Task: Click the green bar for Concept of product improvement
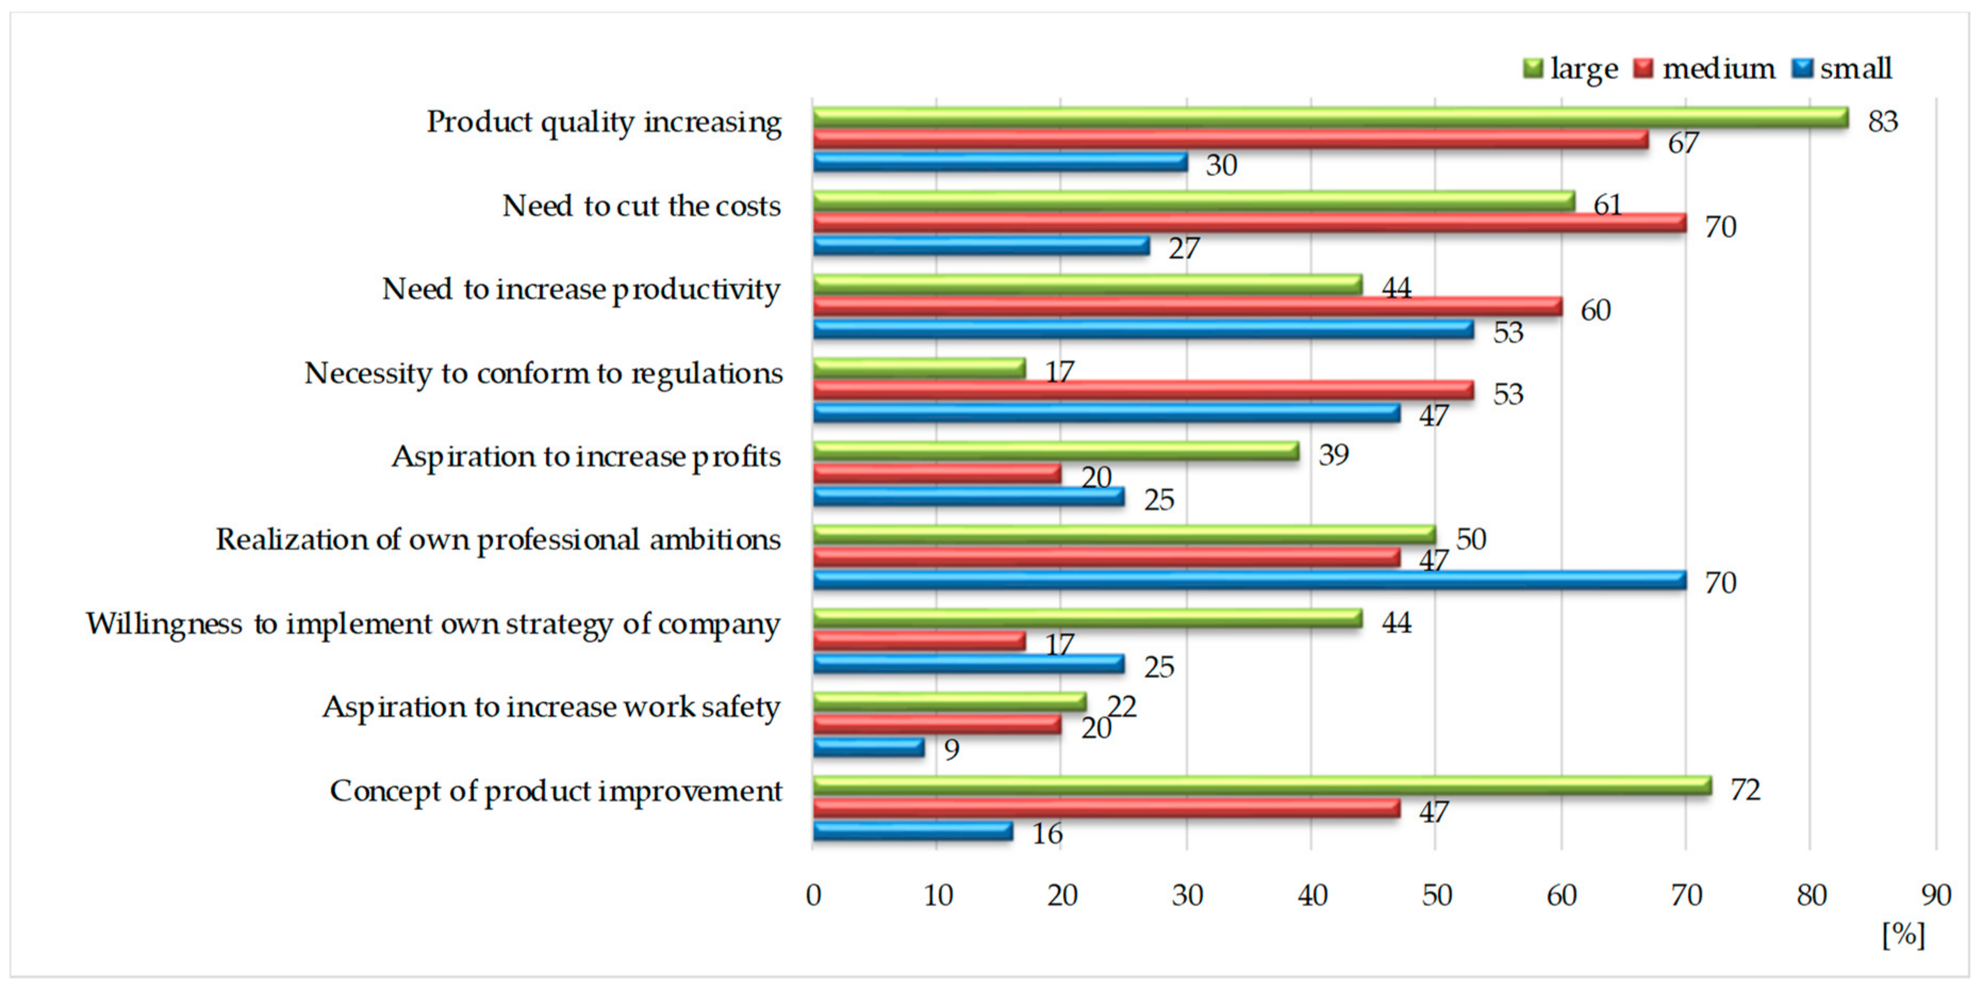click(1262, 786)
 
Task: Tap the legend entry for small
click(1842, 69)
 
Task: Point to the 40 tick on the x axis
click(1312, 895)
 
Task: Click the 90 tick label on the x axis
click(1936, 895)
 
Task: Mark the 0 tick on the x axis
click(813, 895)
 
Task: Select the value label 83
click(1883, 121)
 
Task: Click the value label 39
click(1333, 455)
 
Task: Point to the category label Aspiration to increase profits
click(587, 457)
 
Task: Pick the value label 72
click(1745, 790)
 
